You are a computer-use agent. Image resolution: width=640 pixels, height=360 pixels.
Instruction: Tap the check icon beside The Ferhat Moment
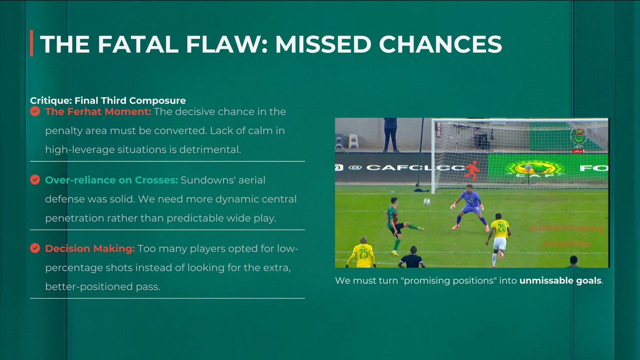click(x=35, y=111)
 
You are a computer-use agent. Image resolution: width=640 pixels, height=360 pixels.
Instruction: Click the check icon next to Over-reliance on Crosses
click(x=35, y=180)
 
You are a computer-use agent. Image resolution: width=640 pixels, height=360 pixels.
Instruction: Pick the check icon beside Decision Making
click(x=35, y=249)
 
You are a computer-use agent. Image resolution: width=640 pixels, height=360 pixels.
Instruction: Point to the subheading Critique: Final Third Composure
click(x=108, y=100)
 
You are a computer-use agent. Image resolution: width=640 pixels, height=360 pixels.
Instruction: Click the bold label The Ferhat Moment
click(x=98, y=111)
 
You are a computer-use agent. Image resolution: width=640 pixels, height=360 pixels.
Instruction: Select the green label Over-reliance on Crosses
click(x=111, y=180)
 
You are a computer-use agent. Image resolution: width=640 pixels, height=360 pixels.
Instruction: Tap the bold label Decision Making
click(x=90, y=249)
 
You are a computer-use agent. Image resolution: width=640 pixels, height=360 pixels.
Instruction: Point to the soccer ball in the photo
click(x=427, y=202)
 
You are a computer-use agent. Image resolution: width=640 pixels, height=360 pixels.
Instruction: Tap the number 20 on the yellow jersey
click(x=500, y=228)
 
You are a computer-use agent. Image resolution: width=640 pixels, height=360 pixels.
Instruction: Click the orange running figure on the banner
click(x=471, y=170)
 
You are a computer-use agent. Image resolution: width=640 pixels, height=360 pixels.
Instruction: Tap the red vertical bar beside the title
click(x=32, y=44)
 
